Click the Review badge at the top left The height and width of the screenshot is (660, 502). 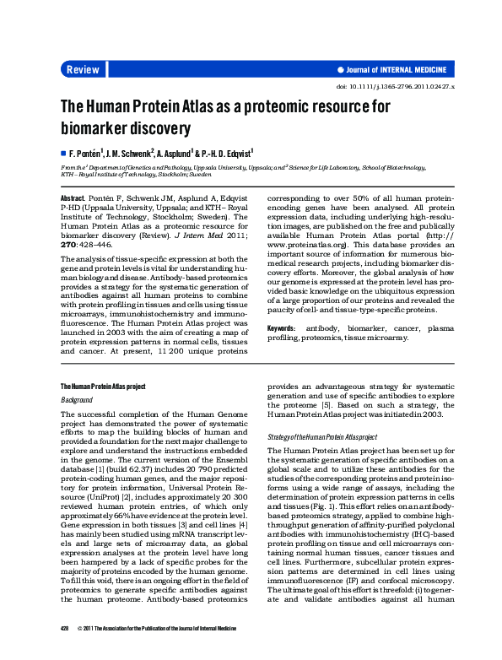83,69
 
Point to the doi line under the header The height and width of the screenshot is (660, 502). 396,87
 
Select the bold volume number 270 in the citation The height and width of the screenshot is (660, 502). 69,243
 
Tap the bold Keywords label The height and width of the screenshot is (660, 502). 281,327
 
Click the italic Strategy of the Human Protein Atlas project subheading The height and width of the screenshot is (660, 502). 321,436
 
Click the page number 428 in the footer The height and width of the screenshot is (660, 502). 64,652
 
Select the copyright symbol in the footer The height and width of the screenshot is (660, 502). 79,652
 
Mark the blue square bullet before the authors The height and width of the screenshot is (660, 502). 62,154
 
